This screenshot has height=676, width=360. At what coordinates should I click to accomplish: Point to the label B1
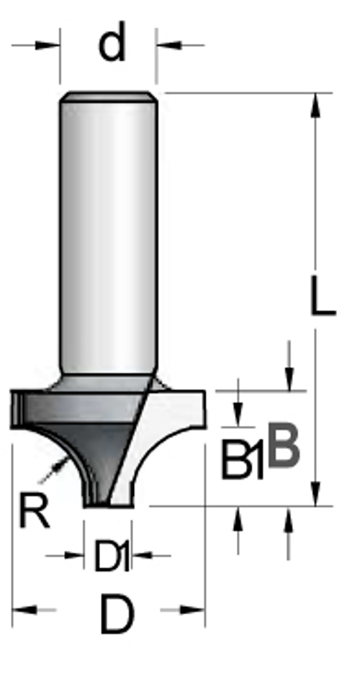[x=242, y=460]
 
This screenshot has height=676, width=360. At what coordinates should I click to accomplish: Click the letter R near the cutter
[x=34, y=510]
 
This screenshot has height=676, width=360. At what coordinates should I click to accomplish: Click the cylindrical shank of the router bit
[x=108, y=230]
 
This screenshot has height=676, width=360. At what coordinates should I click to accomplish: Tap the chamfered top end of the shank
[x=108, y=96]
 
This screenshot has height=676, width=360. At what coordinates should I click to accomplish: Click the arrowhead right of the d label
[x=166, y=45]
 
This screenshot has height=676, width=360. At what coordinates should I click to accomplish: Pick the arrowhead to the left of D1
[x=76, y=555]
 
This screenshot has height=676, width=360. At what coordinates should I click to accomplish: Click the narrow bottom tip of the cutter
[x=109, y=502]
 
